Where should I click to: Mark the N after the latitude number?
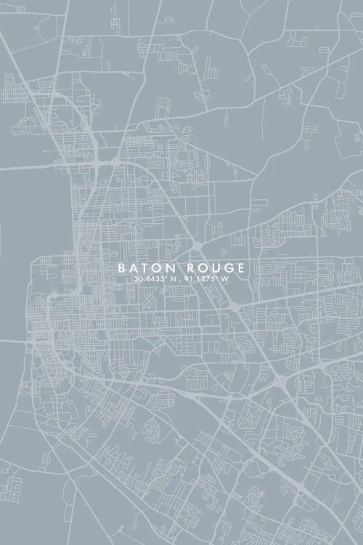pyautogui.click(x=176, y=278)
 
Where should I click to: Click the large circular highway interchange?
pyautogui.click(x=281, y=381)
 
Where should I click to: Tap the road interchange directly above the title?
pyautogui.click(x=197, y=246)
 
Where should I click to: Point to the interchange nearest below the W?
pyautogui.click(x=233, y=308)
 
